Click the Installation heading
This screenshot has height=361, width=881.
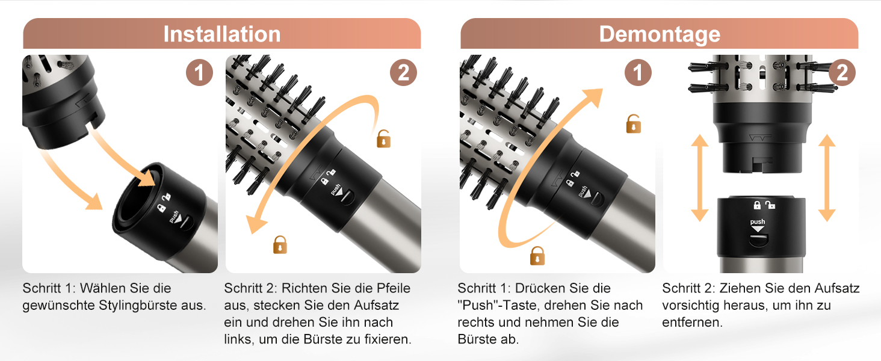(222, 34)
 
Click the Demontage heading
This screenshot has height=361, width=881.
(660, 35)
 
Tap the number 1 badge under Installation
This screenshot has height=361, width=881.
(199, 73)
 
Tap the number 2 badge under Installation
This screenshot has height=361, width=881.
(403, 73)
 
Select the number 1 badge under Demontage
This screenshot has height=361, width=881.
(638, 73)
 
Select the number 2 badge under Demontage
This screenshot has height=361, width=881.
(842, 73)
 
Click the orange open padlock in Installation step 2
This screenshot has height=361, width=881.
(383, 139)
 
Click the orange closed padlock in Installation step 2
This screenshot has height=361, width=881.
(280, 245)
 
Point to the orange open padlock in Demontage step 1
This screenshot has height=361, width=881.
(633, 124)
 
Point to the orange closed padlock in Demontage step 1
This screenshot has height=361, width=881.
(537, 256)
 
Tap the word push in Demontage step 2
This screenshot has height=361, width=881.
(758, 222)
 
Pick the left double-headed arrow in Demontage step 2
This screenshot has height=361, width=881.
(700, 177)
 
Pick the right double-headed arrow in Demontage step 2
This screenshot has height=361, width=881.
(827, 177)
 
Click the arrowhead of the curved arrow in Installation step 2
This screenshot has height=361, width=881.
(255, 223)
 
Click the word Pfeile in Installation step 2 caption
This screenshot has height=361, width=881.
(394, 288)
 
